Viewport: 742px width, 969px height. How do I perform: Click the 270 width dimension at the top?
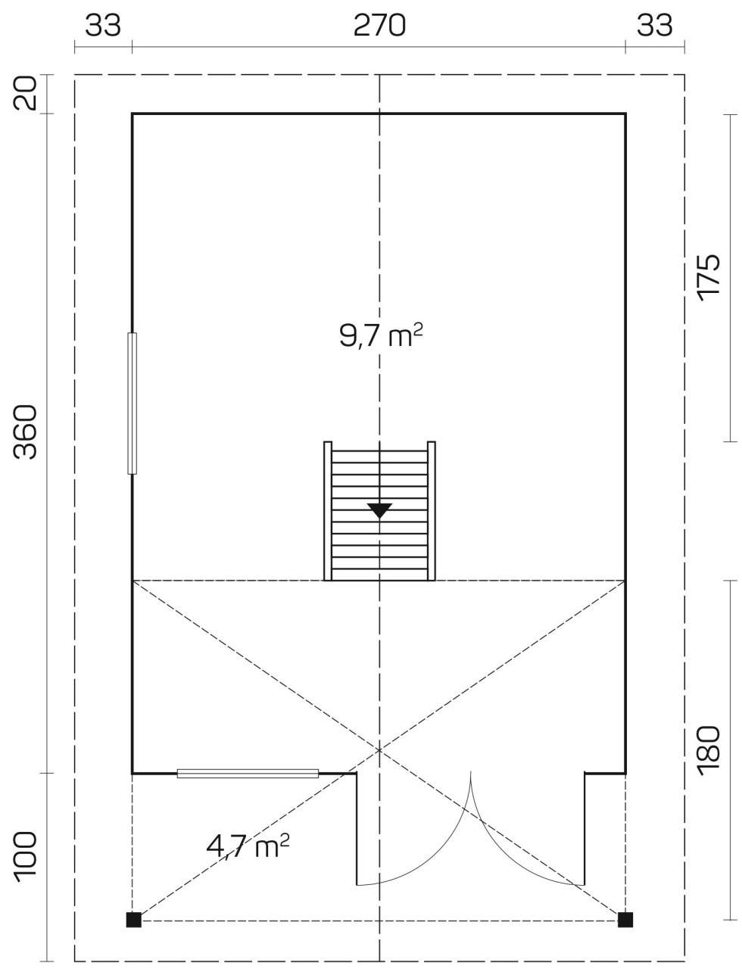tap(379, 25)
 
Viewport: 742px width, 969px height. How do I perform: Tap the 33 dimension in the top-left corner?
tap(103, 25)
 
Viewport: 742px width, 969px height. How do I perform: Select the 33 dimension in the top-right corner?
tap(654, 25)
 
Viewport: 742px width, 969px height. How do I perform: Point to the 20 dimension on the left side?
tap(25, 93)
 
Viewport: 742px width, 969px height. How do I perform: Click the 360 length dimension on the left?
tap(25, 432)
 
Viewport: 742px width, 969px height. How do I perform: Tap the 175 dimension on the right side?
tap(709, 278)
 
